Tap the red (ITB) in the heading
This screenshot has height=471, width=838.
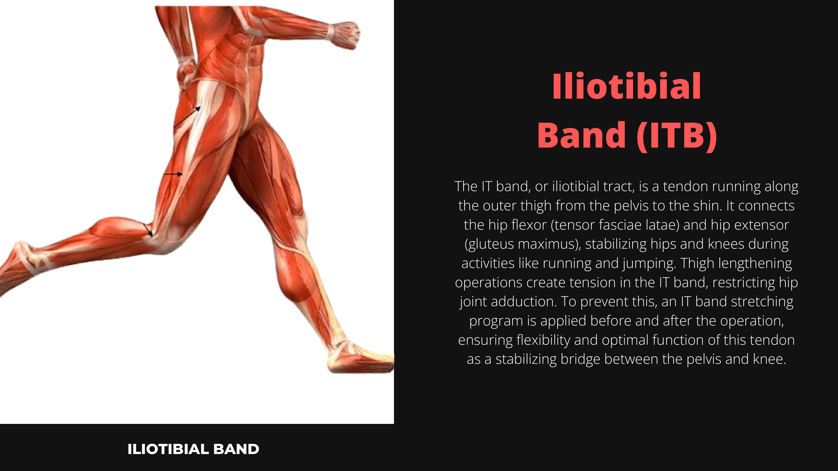coord(677,135)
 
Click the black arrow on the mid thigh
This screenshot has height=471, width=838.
coord(173,174)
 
